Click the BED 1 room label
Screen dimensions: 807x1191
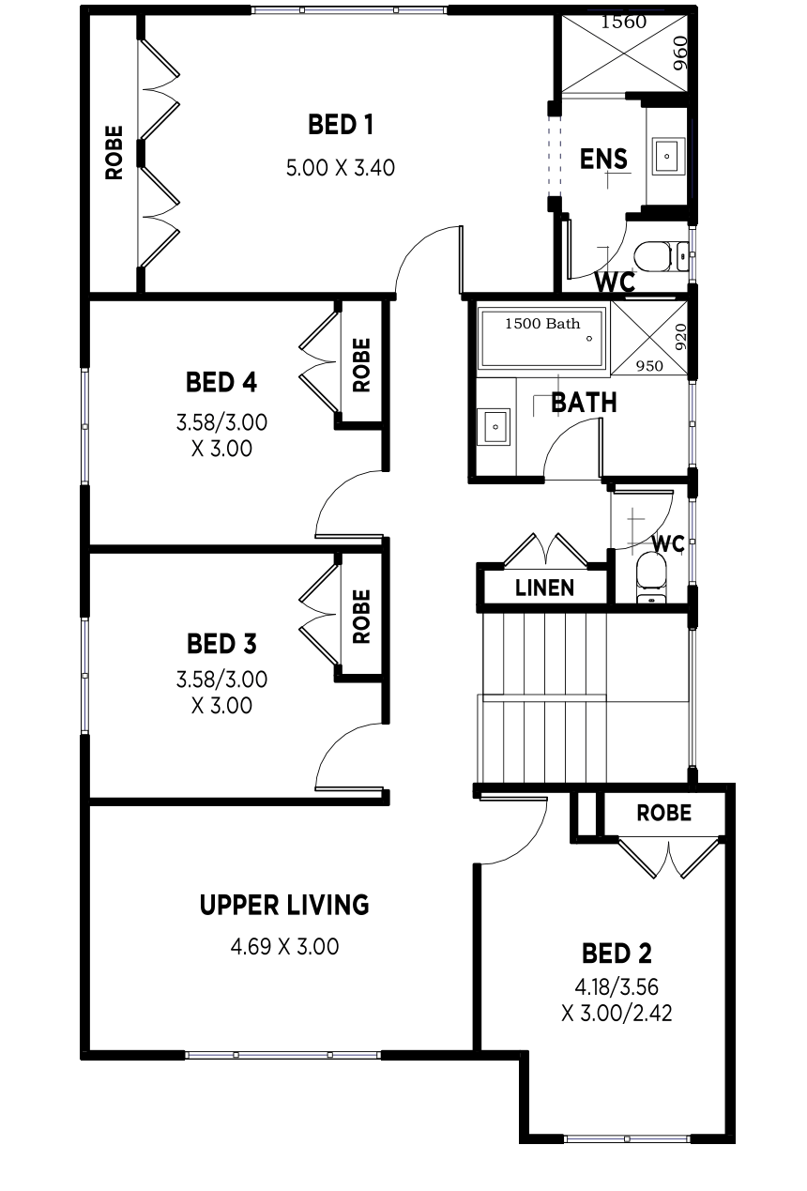[x=341, y=125]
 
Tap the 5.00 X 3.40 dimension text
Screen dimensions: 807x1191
[x=341, y=168]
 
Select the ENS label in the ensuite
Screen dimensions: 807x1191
[x=603, y=159]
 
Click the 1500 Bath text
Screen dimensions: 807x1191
[x=542, y=323]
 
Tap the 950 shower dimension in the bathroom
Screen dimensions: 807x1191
[x=649, y=366]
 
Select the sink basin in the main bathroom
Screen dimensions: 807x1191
[x=494, y=426]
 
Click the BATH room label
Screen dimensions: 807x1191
[x=584, y=403]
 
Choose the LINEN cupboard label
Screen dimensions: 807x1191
[x=544, y=588]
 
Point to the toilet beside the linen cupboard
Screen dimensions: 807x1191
[x=651, y=578]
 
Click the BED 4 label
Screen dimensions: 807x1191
[x=221, y=382]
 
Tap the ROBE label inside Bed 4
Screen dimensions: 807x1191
[x=361, y=365]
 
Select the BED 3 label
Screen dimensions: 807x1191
[x=221, y=644]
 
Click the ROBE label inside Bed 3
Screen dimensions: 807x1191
[x=361, y=617]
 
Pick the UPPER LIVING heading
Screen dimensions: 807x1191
[x=284, y=905]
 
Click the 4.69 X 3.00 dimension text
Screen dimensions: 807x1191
[x=284, y=947]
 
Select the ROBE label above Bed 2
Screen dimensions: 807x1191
[x=664, y=813]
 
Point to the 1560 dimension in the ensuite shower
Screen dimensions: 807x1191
[x=624, y=23]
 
